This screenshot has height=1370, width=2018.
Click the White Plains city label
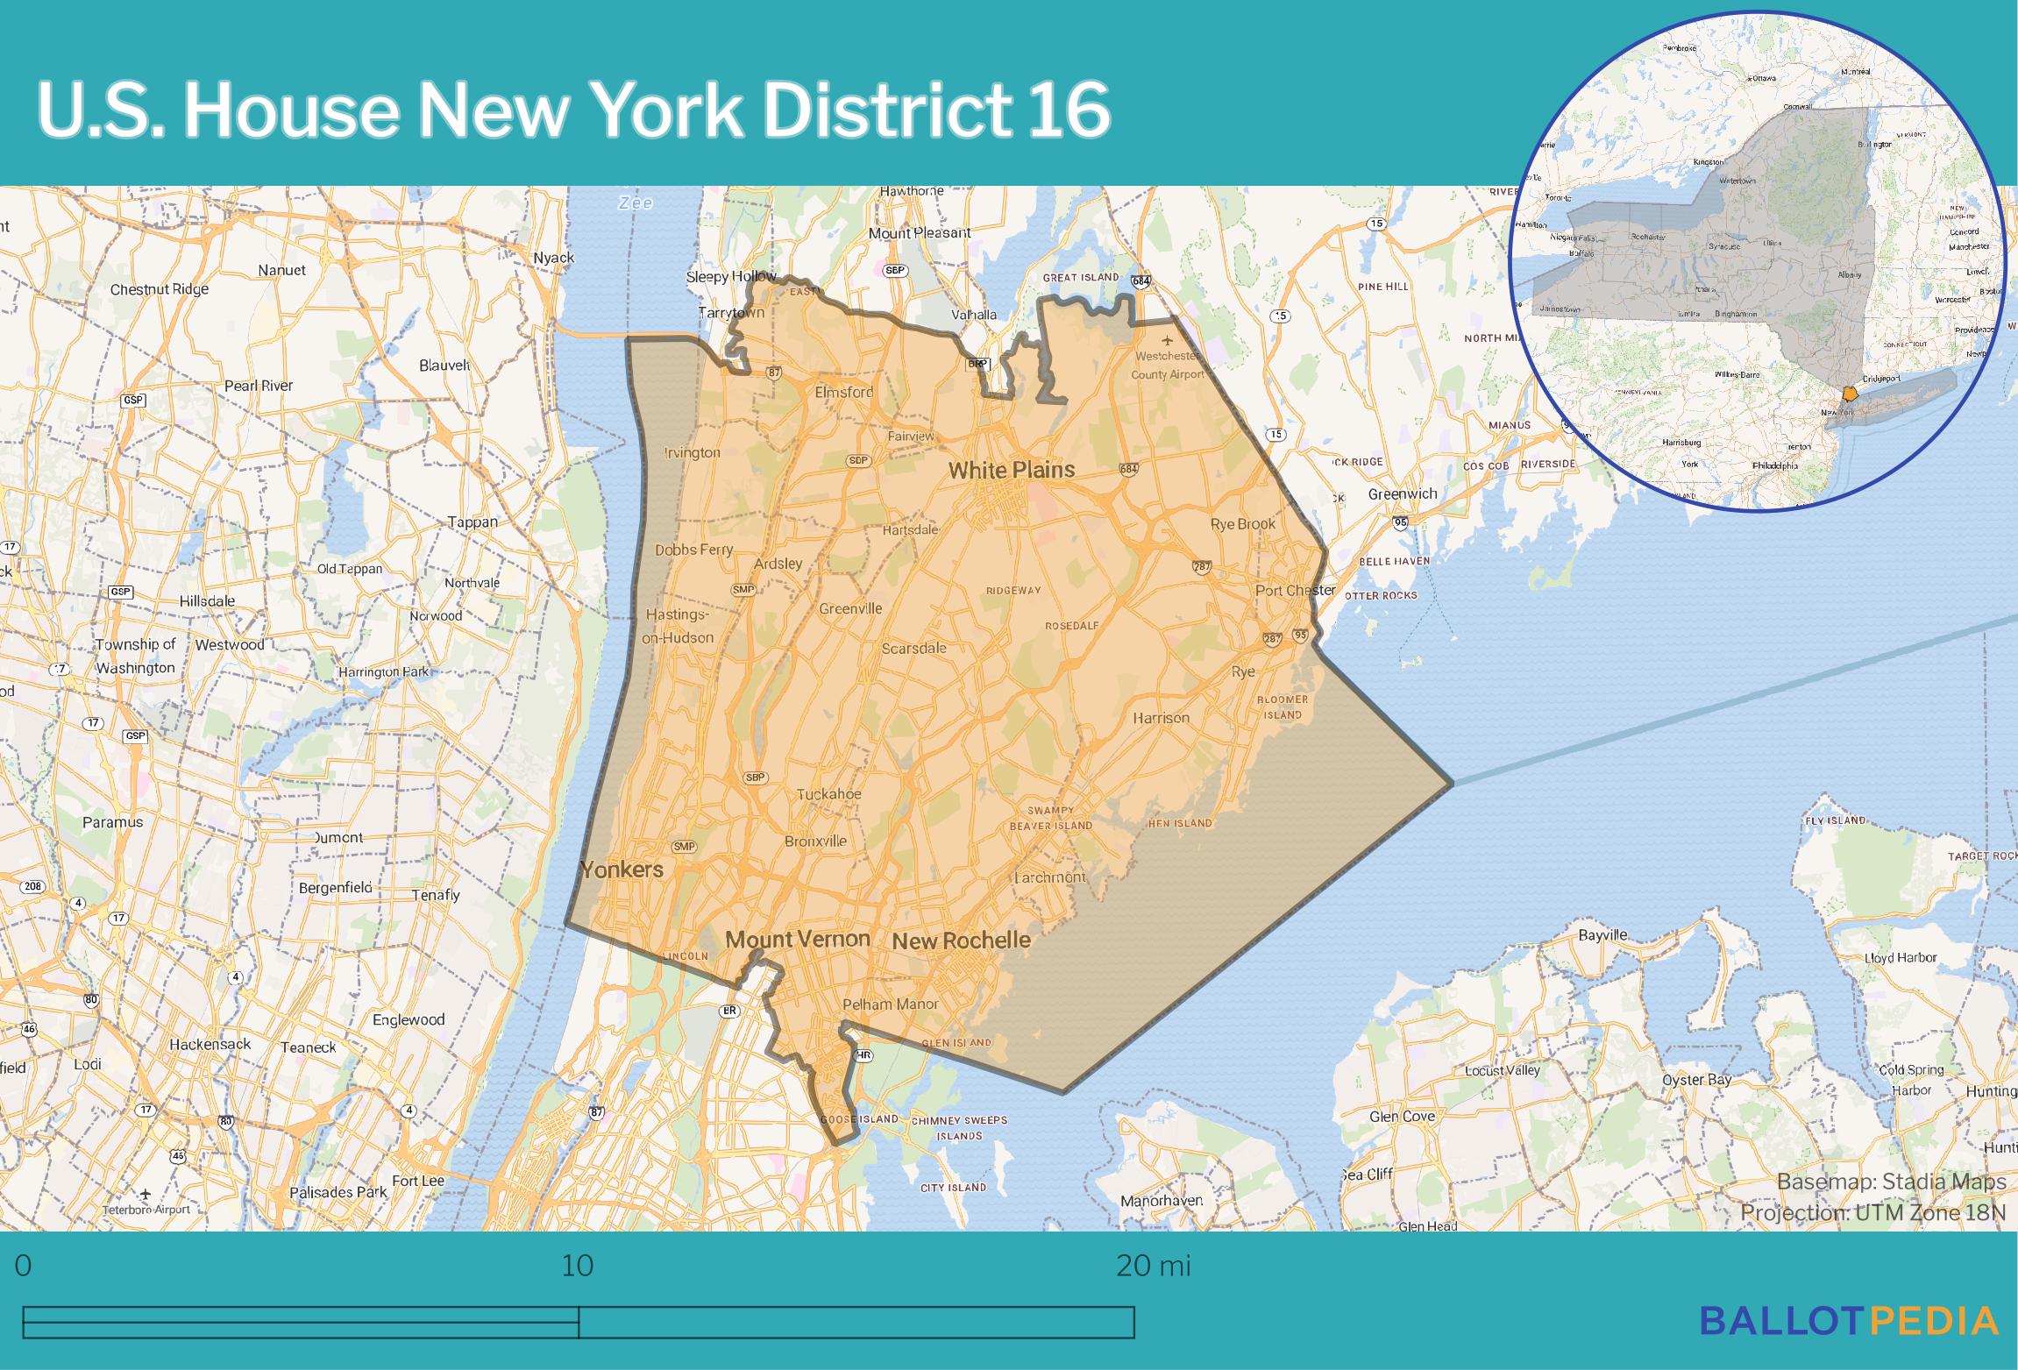pos(1011,470)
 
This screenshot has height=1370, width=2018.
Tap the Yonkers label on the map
pos(622,870)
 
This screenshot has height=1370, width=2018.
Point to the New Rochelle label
pos(961,941)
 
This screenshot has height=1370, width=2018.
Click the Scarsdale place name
pos(914,649)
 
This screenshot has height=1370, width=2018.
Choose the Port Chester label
pos(1295,590)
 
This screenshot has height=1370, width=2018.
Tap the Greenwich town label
pos(1403,494)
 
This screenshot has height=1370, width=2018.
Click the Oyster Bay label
pos(1697,1080)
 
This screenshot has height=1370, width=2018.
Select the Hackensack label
pos(210,1044)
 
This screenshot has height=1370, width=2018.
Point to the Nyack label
pos(554,258)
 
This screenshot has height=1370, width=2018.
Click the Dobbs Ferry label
pos(694,550)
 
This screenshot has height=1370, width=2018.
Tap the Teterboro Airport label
pos(146,1210)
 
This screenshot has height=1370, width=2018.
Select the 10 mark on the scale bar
pos(578,1267)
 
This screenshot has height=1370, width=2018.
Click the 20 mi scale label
pos(1153,1267)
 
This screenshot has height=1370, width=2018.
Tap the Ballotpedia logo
pos(1849,1320)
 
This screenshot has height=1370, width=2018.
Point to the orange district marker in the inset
pos(1850,394)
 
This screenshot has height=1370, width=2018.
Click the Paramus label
pos(112,822)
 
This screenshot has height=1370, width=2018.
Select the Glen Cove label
pos(1403,1117)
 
